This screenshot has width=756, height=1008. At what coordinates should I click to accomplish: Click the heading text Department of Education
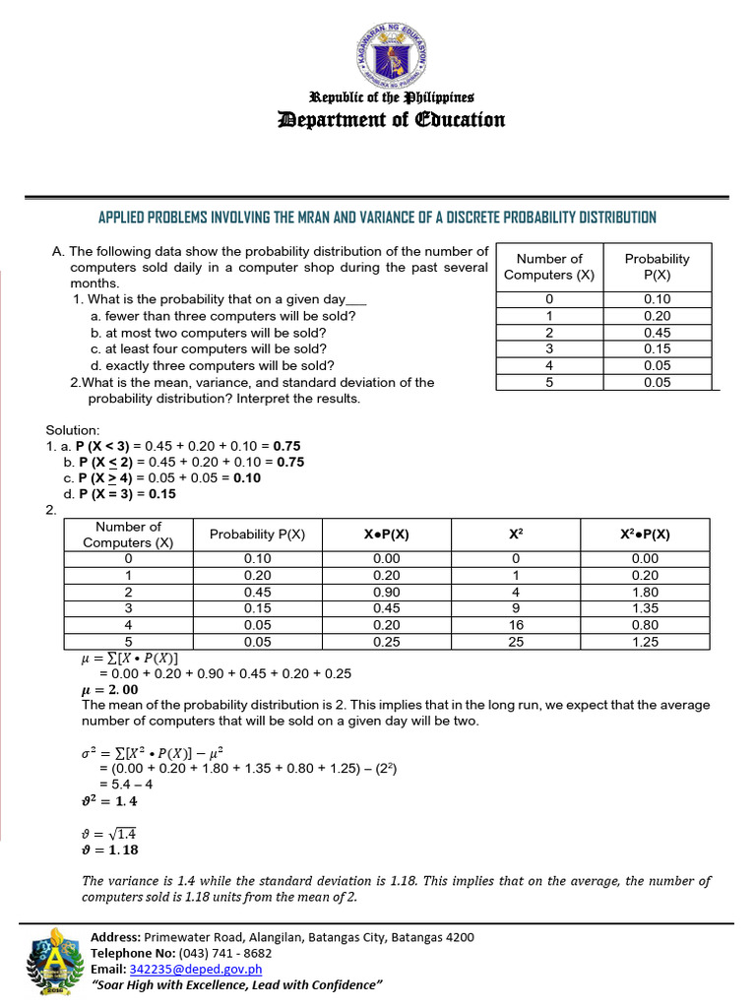(392, 120)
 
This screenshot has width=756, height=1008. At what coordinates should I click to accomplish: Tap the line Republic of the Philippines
(392, 97)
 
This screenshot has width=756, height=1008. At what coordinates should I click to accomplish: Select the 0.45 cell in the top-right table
(657, 332)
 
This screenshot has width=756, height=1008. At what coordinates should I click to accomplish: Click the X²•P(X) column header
(645, 535)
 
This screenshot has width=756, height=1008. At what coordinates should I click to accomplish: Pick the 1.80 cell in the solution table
(645, 592)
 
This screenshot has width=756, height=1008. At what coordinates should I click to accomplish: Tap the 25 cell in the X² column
(516, 642)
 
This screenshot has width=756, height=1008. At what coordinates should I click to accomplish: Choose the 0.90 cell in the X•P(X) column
(386, 592)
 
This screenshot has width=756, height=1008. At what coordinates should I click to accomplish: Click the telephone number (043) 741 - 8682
(224, 953)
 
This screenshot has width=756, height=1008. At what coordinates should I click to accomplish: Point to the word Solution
(73, 430)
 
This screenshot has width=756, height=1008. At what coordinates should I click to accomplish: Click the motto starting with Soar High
(236, 984)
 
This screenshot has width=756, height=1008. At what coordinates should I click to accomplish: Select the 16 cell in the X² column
(516, 625)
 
